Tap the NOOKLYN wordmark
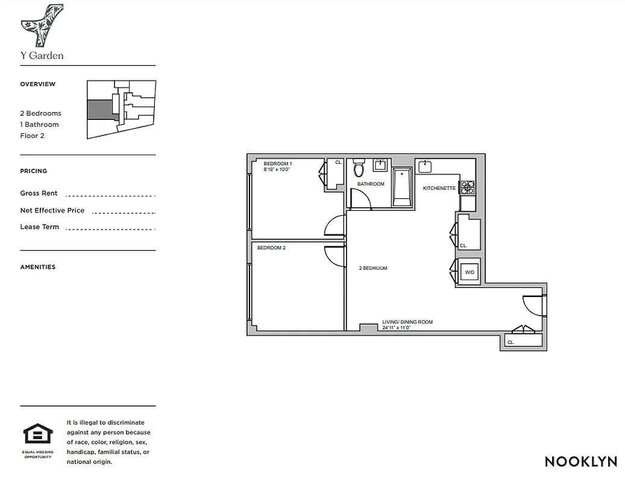pos(580,462)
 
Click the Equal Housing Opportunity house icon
pos(38,434)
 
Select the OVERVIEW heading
pos(37,84)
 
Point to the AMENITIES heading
pos(37,267)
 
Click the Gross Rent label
pos(39,193)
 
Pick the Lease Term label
pos(40,227)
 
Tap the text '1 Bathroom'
pos(39,125)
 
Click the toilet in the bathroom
pos(359,167)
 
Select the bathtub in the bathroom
pos(402,187)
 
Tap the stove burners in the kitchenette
pos(468,187)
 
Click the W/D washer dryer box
pos(470,272)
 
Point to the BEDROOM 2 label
pos(271,248)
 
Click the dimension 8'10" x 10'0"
pos(277,170)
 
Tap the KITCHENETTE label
pos(439,189)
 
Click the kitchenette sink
pos(426,165)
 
